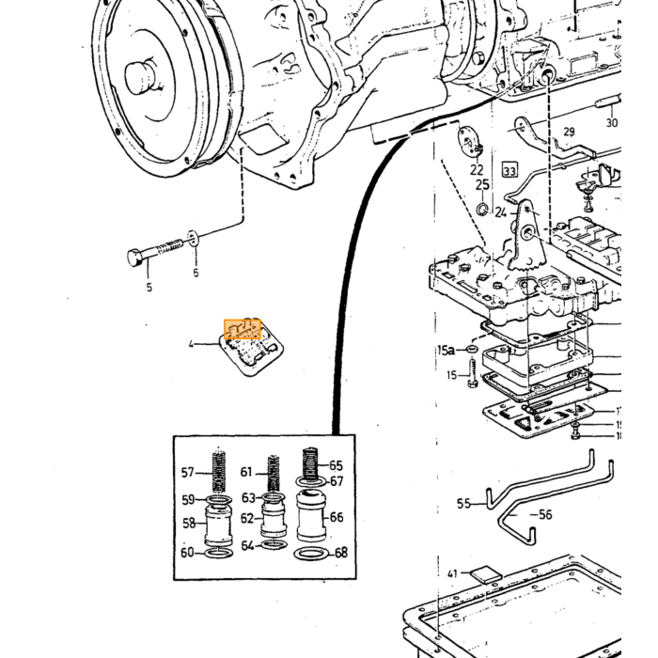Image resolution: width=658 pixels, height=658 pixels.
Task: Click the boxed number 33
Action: [x=509, y=170]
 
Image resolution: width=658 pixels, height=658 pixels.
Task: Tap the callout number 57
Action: [x=188, y=473]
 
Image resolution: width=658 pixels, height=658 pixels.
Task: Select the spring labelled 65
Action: [x=310, y=464]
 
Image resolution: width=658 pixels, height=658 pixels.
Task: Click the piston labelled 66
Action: [x=311, y=515]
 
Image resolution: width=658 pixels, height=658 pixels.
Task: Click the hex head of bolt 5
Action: [x=135, y=257]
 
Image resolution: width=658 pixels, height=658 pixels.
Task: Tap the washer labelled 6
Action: [x=193, y=239]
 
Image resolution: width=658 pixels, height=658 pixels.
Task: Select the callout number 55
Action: [x=464, y=503]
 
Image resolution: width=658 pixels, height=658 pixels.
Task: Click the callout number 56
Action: [x=545, y=514]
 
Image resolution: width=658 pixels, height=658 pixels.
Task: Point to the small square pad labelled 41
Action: [x=486, y=573]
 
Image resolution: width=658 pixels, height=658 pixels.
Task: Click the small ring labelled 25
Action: [x=481, y=208]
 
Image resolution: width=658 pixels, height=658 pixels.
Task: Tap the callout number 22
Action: [x=477, y=169]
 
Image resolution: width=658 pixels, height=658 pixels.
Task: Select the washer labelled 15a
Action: [x=472, y=349]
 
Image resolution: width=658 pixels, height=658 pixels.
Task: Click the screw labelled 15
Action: [x=472, y=372]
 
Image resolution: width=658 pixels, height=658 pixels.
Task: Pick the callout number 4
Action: [x=192, y=345]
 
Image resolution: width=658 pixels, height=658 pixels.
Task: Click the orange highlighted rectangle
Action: [x=243, y=329]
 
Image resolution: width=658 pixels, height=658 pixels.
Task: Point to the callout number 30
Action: [x=612, y=122]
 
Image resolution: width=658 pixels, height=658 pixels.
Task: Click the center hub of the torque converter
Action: [x=141, y=78]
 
